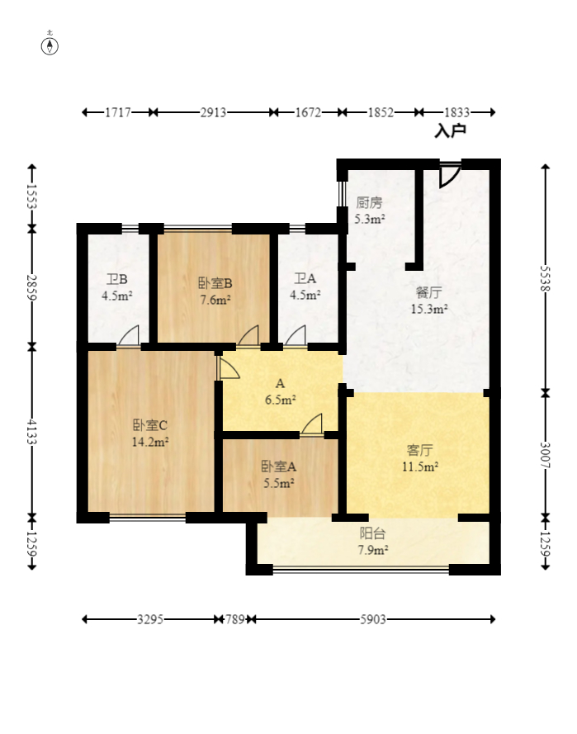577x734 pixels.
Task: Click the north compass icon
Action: (x=50, y=45)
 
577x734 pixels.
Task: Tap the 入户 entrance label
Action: (x=450, y=130)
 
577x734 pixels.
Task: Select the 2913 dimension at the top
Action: (x=214, y=112)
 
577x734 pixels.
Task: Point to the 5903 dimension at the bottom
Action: (x=373, y=620)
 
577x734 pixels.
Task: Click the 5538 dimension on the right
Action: (x=545, y=279)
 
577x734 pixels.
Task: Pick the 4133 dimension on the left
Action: (x=32, y=432)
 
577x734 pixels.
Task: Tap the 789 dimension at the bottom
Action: (x=235, y=620)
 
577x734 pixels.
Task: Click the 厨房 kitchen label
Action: (x=369, y=202)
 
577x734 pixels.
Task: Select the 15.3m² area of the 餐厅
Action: (x=429, y=309)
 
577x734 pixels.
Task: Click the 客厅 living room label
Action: (x=419, y=450)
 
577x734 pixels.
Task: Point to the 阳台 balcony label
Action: (x=373, y=533)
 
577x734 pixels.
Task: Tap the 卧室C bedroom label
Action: (x=149, y=425)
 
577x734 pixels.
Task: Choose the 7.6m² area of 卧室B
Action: (x=215, y=300)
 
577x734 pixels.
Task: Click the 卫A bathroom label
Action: (x=305, y=278)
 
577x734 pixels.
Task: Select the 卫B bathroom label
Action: (x=117, y=279)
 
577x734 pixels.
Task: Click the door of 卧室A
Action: (x=312, y=425)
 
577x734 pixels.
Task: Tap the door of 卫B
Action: (x=129, y=336)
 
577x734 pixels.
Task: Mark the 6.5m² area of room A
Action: (x=280, y=400)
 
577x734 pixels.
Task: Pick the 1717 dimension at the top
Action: (x=118, y=112)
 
